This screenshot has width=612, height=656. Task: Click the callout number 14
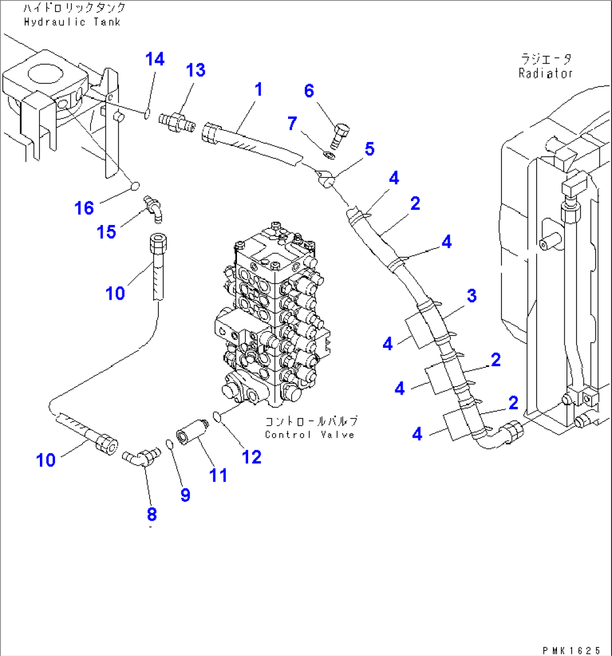click(x=155, y=59)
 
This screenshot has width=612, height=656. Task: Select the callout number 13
click(x=196, y=71)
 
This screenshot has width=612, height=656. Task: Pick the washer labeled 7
click(x=329, y=155)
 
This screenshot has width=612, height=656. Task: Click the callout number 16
click(x=84, y=209)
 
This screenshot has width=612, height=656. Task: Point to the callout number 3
click(x=472, y=296)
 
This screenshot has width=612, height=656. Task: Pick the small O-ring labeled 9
click(x=169, y=444)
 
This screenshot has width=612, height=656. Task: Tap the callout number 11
click(x=218, y=475)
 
